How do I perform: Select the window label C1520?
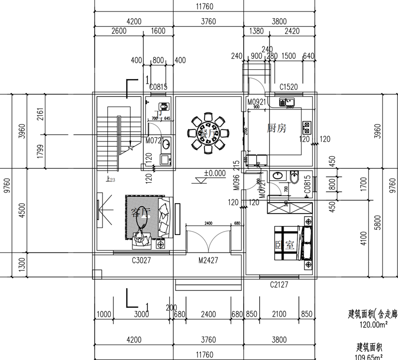[x=289, y=87]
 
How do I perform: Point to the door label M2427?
[x=208, y=259]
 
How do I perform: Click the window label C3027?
[x=141, y=259]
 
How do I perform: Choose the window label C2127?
[x=280, y=285]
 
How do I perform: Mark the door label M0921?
[x=258, y=102]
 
